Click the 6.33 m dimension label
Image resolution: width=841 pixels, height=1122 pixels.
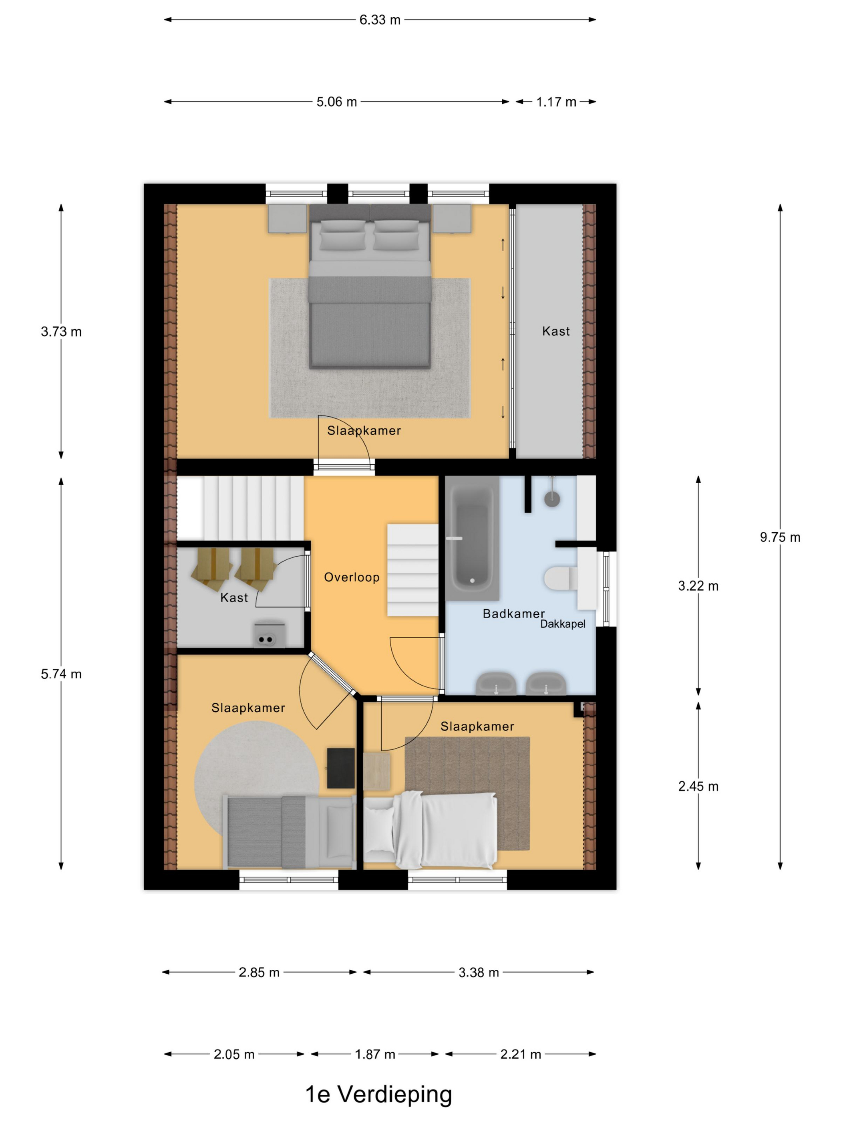click(380, 20)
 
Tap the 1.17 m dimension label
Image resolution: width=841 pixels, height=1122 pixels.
click(556, 102)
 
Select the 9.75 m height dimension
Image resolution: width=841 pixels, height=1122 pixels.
click(780, 537)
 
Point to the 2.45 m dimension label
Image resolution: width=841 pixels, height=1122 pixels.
click(698, 786)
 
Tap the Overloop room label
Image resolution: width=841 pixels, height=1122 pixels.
click(351, 577)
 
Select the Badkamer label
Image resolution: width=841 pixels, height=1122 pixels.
click(513, 614)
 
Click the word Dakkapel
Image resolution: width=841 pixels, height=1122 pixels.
click(563, 624)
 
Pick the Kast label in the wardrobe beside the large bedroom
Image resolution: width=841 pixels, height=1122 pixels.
click(555, 331)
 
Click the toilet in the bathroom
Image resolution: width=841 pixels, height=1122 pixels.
click(561, 578)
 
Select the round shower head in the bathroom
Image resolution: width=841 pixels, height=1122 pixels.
click(552, 498)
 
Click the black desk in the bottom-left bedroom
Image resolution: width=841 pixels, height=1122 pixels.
click(341, 768)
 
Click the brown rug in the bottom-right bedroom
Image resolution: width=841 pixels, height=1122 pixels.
click(467, 793)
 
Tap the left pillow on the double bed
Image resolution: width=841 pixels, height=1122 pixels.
click(343, 235)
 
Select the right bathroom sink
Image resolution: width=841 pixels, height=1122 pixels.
click(545, 684)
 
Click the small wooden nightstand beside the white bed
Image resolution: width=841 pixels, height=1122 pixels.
click(377, 771)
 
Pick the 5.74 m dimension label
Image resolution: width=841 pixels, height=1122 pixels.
click(61, 674)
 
